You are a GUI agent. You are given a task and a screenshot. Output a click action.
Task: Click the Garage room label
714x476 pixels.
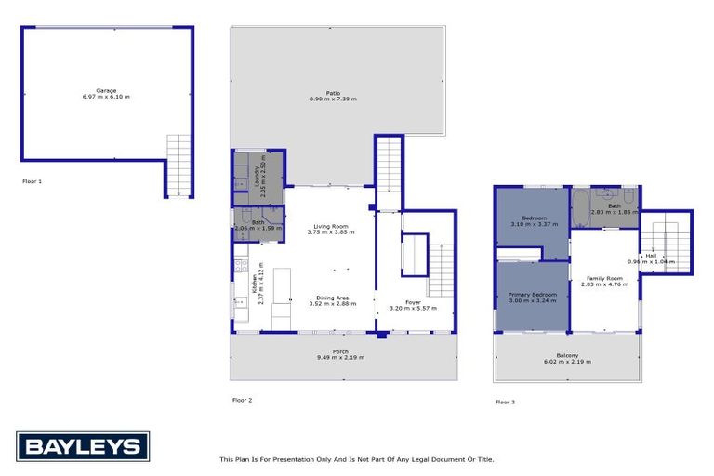pos(106,90)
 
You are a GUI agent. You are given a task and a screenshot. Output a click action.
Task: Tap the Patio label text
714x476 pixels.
pos(333,92)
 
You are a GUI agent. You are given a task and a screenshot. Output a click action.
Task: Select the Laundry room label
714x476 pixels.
pos(258,173)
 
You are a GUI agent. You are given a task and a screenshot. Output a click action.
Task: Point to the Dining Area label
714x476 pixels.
pos(332,297)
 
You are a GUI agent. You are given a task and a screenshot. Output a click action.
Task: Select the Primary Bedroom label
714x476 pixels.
pos(532,295)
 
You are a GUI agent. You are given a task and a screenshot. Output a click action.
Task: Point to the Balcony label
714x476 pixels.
pos(567,355)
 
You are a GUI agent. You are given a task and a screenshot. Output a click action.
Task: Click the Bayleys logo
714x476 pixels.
pos(82,446)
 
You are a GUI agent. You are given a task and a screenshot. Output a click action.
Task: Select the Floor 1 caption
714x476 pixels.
pos(33,181)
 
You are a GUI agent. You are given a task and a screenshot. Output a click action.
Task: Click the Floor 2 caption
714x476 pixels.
pos(242,400)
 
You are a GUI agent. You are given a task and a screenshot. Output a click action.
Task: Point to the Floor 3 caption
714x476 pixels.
pos(505,402)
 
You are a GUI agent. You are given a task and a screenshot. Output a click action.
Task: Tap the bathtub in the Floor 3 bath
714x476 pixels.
pos(580,209)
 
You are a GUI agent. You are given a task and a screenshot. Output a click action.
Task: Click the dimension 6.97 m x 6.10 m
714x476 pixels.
pos(106,97)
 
